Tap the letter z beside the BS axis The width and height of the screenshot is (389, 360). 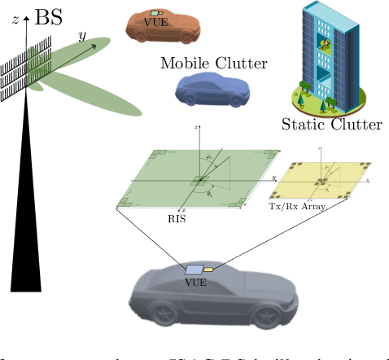pos(15,20)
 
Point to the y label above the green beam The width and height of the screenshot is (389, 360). pos(81,35)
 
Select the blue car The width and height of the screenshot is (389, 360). pos(209,89)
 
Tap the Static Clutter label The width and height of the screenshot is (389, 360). pos(331,125)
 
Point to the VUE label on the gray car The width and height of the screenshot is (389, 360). pos(195,283)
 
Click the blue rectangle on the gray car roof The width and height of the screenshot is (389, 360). pos(194,270)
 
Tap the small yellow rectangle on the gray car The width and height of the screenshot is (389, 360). pos(208,267)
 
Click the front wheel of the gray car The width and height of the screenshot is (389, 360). pos(265,318)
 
